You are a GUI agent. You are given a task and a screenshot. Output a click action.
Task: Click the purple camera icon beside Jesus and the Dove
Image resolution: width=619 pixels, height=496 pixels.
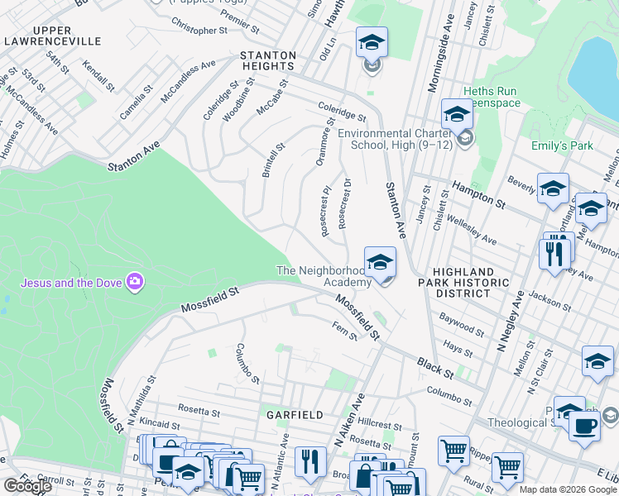[134, 283]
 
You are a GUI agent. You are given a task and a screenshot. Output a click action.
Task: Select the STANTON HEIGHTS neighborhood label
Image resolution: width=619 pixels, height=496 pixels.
[267, 60]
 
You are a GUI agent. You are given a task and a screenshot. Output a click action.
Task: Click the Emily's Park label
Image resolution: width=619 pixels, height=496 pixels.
[562, 146]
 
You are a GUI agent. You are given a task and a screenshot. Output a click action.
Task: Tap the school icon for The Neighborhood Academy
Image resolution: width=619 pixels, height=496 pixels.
[380, 263]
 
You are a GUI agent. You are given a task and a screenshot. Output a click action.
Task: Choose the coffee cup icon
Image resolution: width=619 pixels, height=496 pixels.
[584, 425]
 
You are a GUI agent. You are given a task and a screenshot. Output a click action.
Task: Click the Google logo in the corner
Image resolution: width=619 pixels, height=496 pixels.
[28, 486]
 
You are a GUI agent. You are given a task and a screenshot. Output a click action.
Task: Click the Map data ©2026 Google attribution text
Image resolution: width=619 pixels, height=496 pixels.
[567, 489]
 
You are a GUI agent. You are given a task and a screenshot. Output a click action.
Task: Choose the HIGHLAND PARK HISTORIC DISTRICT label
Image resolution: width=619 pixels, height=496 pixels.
[464, 283]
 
